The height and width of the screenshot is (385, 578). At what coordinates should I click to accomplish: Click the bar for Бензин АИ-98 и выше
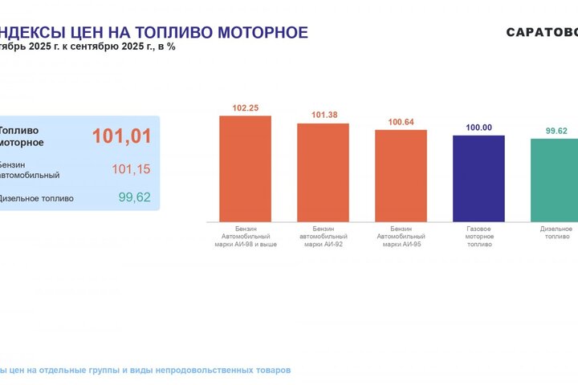pos(245,168)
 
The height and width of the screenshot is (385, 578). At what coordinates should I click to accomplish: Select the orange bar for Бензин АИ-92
pos(323,172)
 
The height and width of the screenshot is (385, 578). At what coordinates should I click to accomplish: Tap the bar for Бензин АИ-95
pos(401,176)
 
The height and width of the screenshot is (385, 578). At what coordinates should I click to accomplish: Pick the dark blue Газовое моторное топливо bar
pos(478,178)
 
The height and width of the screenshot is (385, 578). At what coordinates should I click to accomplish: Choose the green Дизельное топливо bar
pos(556,180)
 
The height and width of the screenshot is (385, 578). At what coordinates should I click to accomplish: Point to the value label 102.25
pos(245,108)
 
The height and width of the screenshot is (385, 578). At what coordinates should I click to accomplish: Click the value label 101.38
pos(324,115)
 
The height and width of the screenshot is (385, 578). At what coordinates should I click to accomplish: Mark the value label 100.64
pos(401,122)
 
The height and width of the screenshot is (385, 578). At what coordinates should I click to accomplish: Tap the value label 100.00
pos(478,128)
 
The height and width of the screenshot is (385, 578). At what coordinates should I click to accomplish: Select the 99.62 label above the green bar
pos(556,131)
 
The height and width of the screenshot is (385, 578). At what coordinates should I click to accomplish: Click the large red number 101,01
pos(121,136)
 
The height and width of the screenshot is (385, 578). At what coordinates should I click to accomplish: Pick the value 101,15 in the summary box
pos(131,169)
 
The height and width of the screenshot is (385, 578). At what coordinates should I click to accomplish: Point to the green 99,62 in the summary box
pos(134,197)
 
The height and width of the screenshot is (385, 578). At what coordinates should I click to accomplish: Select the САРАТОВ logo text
pos(542,33)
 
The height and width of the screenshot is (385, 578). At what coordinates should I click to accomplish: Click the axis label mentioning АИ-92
pos(323,237)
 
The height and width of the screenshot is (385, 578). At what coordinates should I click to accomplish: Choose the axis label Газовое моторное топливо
pos(478,237)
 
